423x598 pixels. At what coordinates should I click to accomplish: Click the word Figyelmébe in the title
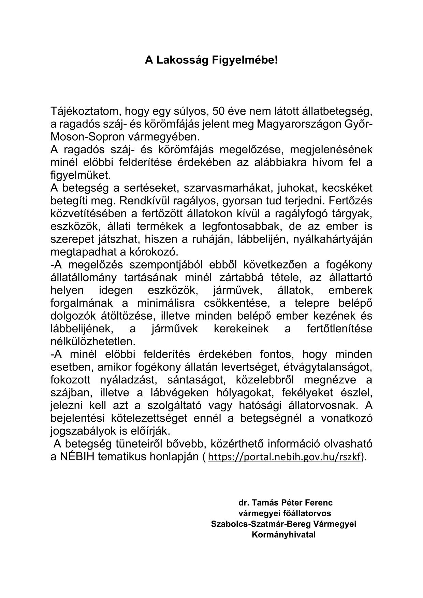click(244, 60)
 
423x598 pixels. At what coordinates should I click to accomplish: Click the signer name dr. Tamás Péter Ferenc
click(285, 502)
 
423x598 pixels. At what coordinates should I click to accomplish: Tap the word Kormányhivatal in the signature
click(283, 535)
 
